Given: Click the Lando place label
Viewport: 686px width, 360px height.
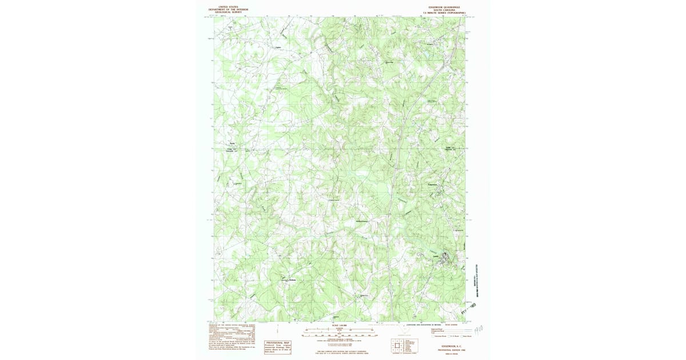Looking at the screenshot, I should (436, 256).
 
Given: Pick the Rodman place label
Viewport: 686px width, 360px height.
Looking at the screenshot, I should (293, 279).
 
